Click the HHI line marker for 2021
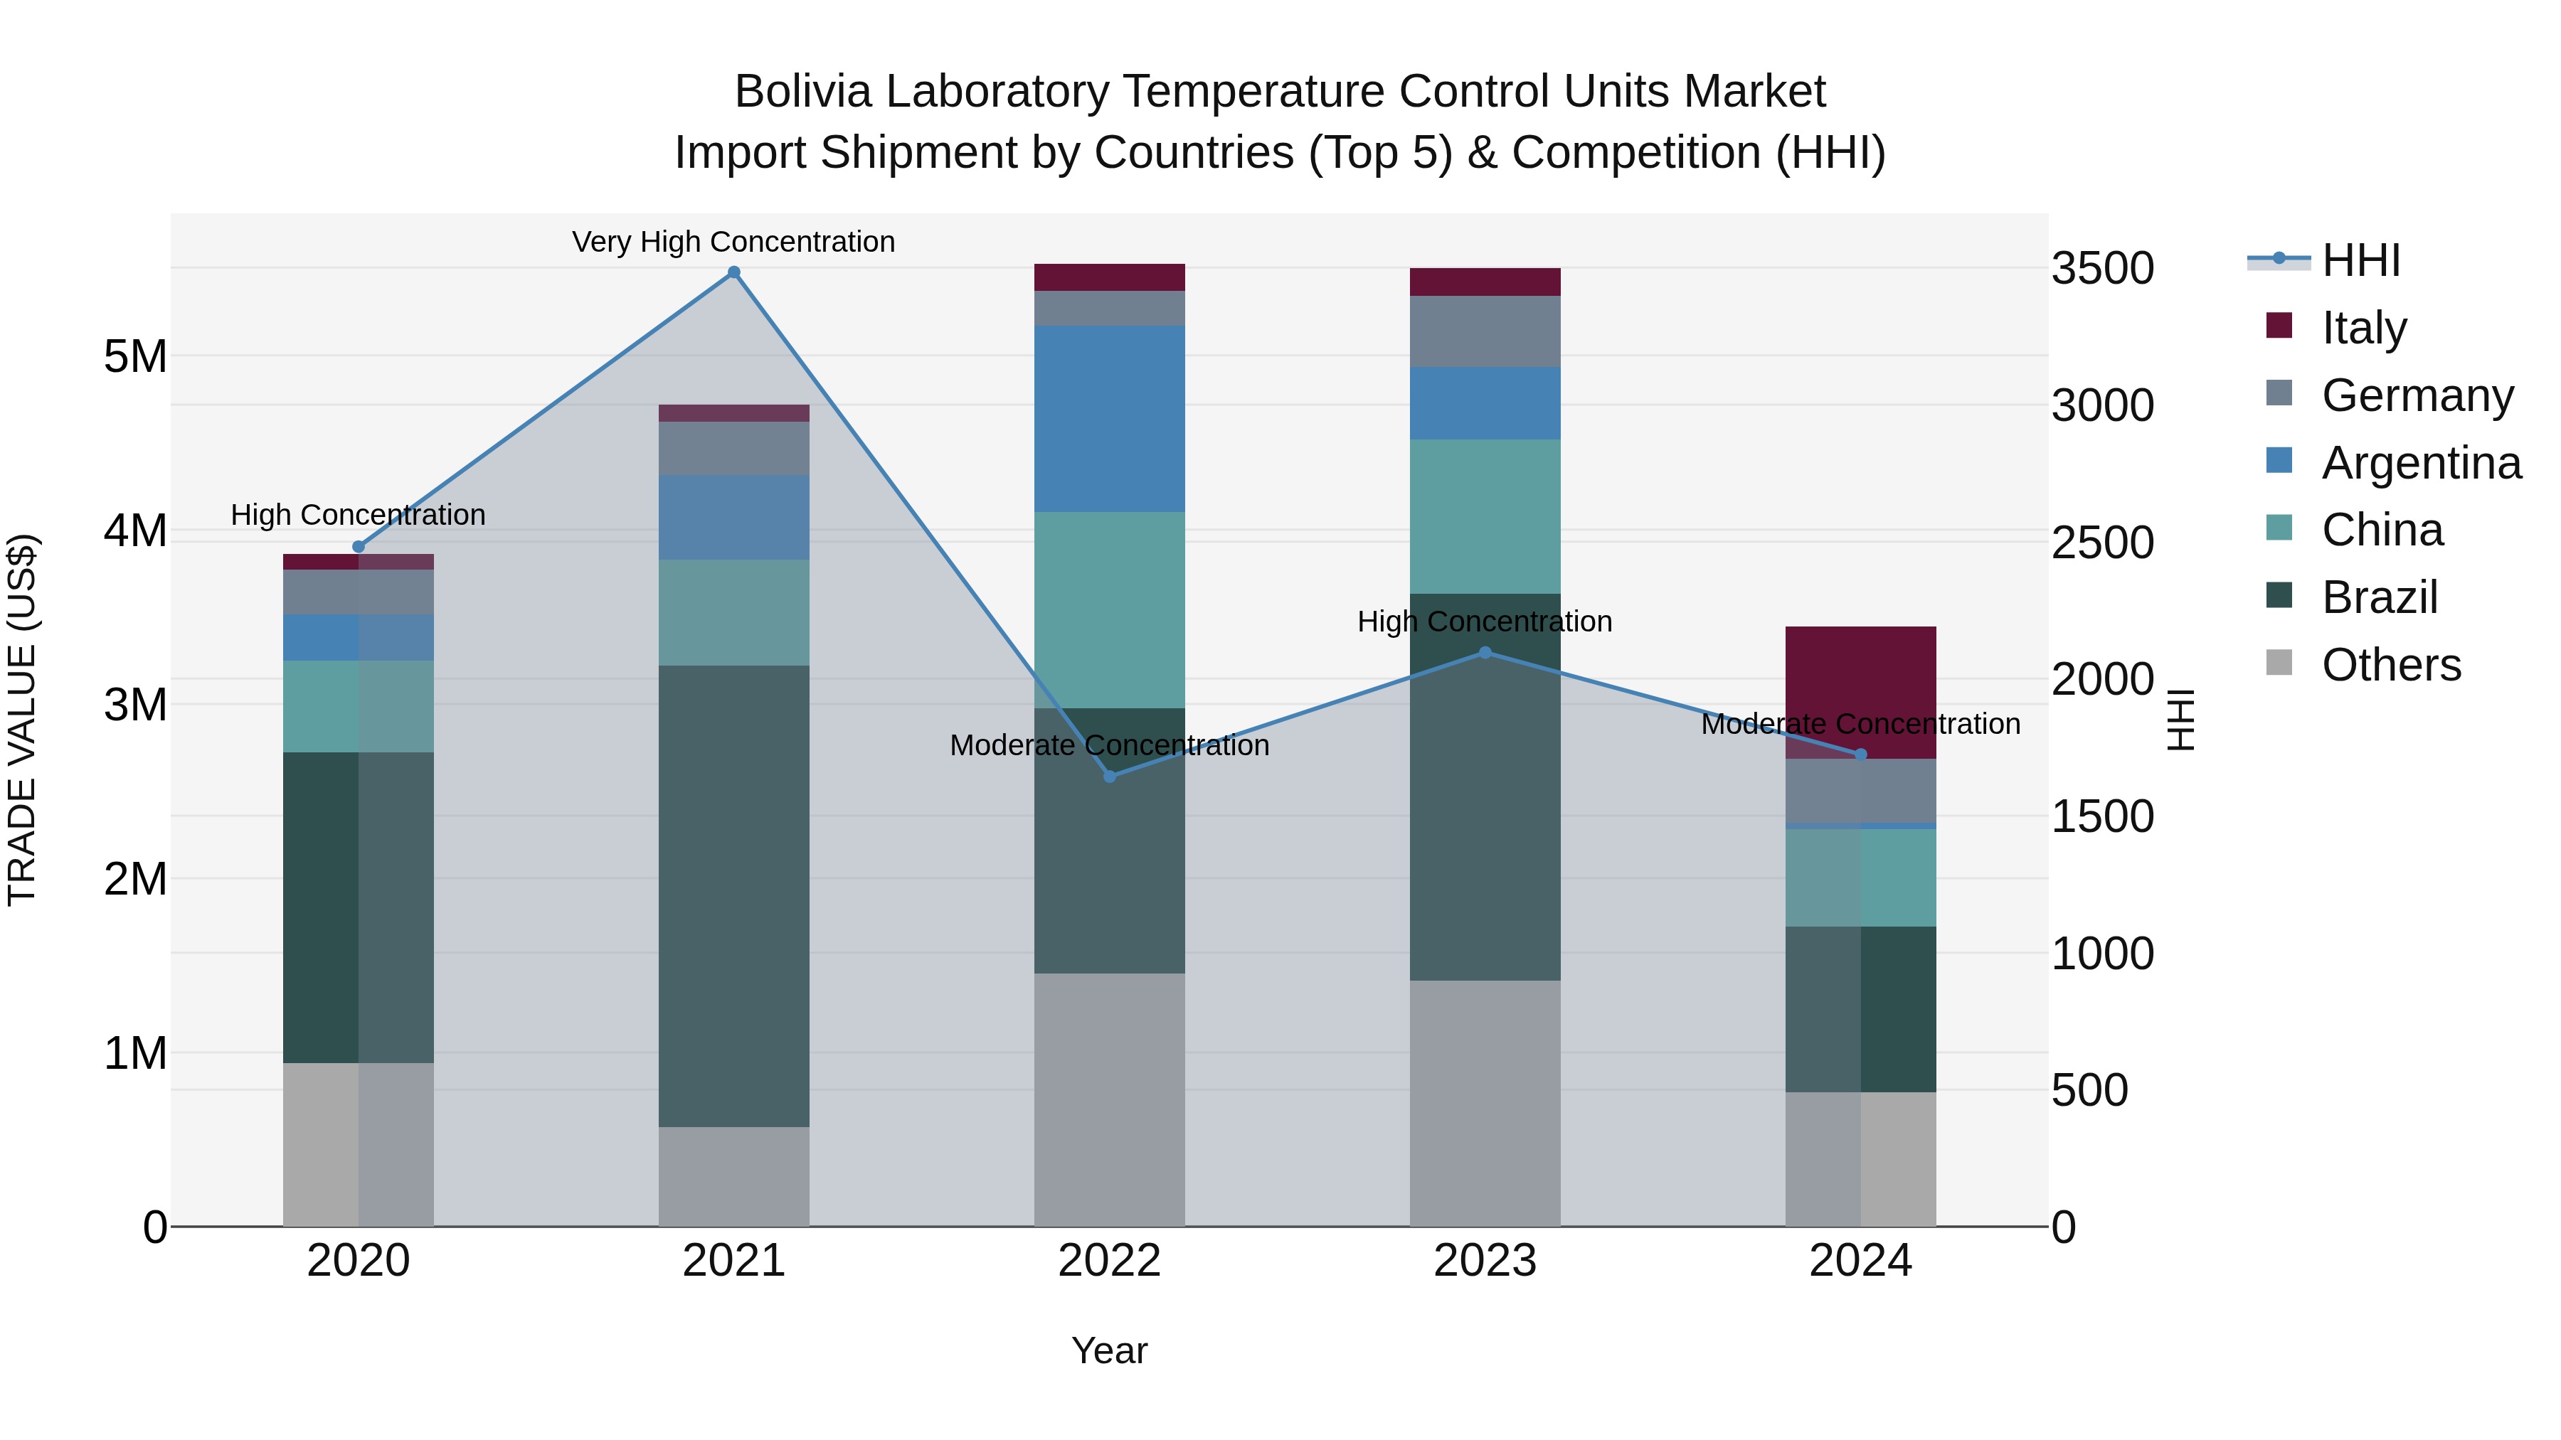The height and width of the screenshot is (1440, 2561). [733, 272]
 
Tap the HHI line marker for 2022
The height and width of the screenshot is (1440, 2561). [1110, 776]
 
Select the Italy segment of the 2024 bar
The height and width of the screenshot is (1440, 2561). [1860, 692]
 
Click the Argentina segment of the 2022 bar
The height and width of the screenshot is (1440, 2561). [1110, 418]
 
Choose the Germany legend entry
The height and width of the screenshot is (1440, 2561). [2417, 395]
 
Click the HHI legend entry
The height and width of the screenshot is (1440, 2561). [2360, 260]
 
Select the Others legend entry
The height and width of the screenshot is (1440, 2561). [2390, 665]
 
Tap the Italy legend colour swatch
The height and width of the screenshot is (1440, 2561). [2279, 326]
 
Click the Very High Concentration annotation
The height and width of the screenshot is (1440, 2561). [733, 242]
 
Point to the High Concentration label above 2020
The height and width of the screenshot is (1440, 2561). [358, 515]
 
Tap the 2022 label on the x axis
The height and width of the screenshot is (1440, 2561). [1110, 1261]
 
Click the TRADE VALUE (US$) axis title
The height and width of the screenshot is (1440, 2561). [22, 720]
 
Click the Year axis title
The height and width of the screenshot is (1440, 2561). [1110, 1350]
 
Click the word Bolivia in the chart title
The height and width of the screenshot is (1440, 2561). [802, 92]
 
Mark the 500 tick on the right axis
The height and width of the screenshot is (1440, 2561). [2090, 1090]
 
